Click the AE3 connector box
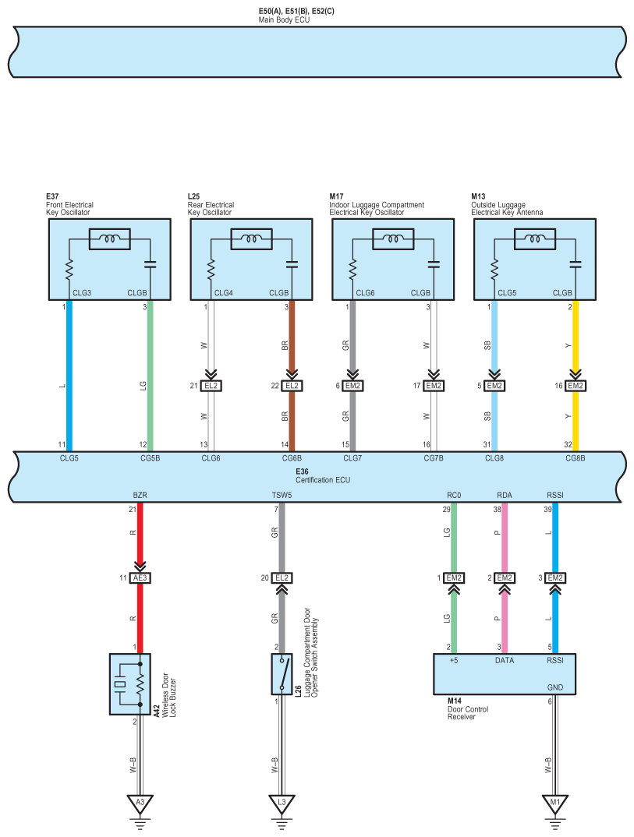click(141, 577)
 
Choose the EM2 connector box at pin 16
click(576, 386)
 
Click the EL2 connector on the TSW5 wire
click(282, 577)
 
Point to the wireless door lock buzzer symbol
click(129, 684)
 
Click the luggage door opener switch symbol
click(282, 673)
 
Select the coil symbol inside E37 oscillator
click(109, 239)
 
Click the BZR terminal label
click(140, 494)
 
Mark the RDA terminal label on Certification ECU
click(505, 494)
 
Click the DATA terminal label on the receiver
click(505, 660)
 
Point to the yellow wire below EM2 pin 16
click(576, 421)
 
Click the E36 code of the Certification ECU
click(302, 471)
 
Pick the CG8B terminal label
click(576, 458)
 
